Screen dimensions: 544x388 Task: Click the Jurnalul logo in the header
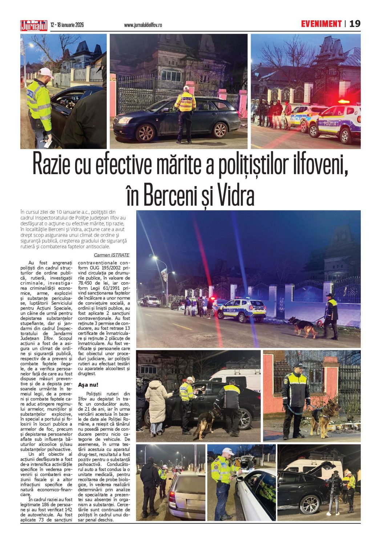[34, 25]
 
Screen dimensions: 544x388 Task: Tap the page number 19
[355, 24]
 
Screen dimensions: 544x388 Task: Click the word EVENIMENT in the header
[321, 24]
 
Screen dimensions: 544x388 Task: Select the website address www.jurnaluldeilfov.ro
[143, 25]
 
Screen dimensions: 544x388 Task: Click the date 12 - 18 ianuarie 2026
[67, 25]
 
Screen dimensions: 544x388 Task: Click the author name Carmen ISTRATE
[112, 255]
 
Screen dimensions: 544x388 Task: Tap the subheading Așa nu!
[88, 385]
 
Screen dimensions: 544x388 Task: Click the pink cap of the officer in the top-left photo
[45, 71]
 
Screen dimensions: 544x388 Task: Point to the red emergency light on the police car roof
[343, 102]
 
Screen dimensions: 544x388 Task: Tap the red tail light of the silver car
[172, 496]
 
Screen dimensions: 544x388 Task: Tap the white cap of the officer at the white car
[228, 451]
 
